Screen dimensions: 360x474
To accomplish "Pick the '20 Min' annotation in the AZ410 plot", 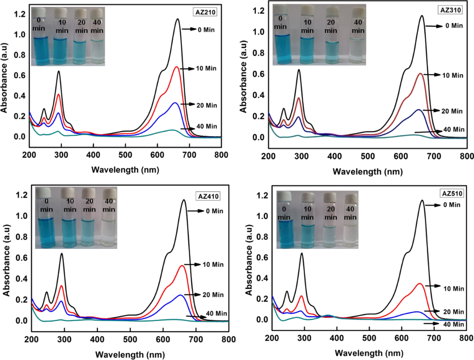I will tap(213, 294).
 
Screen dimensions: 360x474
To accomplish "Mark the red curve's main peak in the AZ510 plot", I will tap(419, 283).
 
